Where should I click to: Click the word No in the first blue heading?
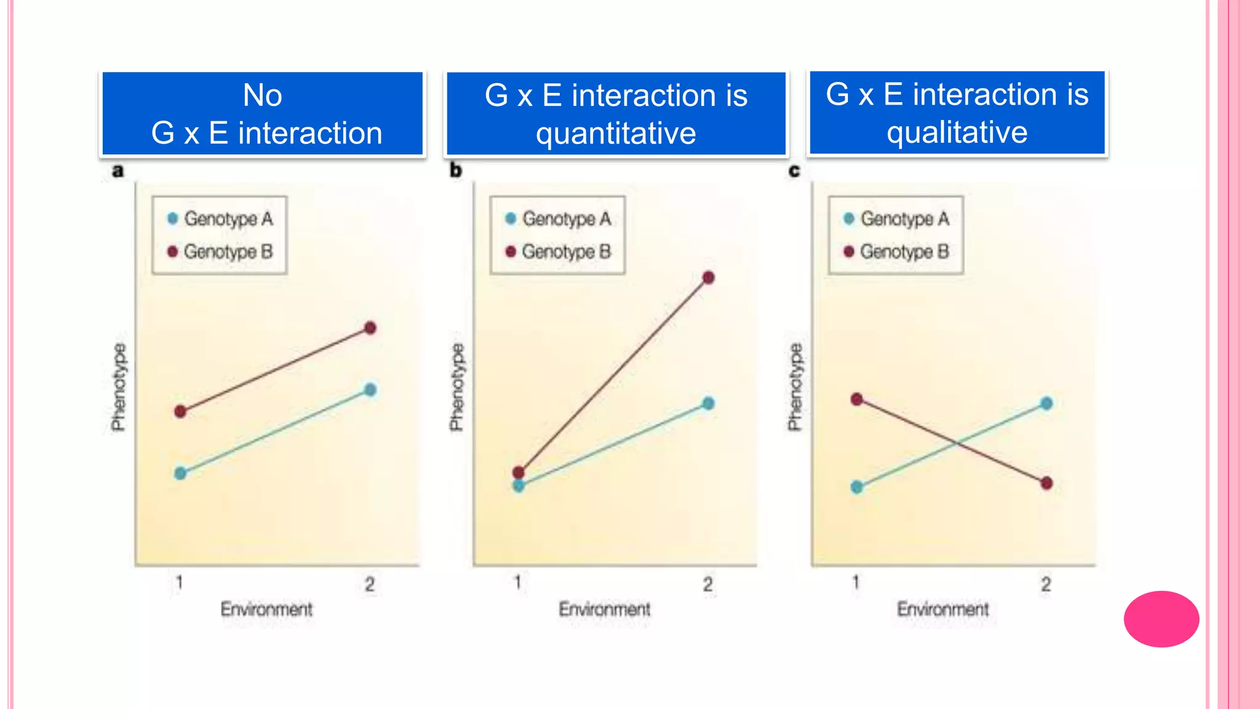coord(263,95)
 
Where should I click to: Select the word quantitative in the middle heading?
coord(616,134)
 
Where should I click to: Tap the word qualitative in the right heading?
coord(957,132)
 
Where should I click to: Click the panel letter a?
coord(118,170)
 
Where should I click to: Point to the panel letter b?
coord(455,170)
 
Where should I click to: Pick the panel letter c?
coord(794,170)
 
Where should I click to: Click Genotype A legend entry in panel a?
coord(220,218)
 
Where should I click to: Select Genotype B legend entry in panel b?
coord(558,252)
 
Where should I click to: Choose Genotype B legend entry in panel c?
coord(896,252)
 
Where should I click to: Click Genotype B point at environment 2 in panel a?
coord(370,328)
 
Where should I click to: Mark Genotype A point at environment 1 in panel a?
coord(180,473)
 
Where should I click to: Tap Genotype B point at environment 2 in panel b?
coord(708,278)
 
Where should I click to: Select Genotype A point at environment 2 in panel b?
coord(708,404)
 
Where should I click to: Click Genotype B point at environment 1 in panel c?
coord(857,399)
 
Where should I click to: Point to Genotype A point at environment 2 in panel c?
coord(1047,404)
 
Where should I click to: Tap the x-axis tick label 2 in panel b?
coord(708,584)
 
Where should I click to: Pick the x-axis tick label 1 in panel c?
coord(856,582)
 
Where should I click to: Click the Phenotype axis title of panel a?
coord(119,387)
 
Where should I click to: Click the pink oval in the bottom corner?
coord(1161,619)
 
